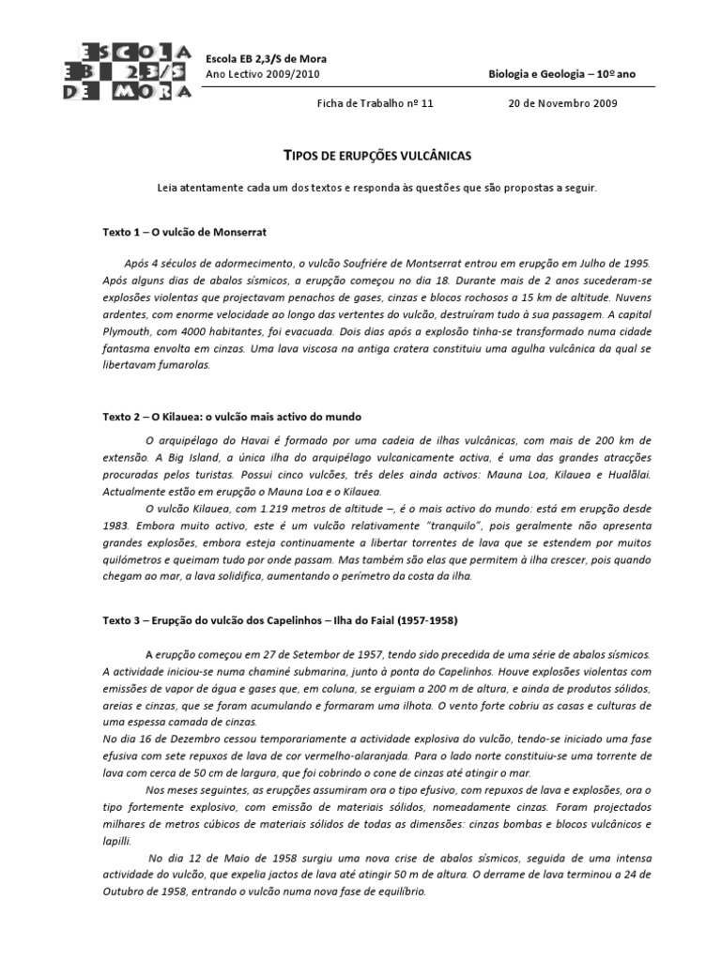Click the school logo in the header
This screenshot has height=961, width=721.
click(x=130, y=69)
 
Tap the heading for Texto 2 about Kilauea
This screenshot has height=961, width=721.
click(x=232, y=415)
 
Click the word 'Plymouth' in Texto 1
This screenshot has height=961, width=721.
click(x=129, y=331)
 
